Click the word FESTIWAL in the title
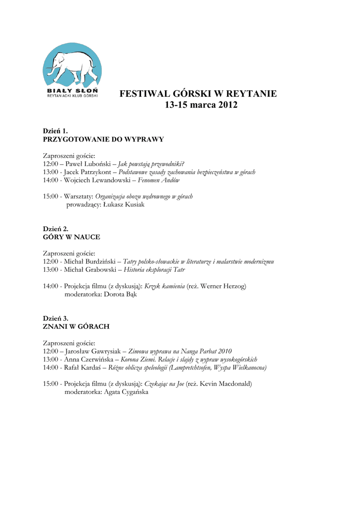click(144, 94)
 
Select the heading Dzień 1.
click(55, 131)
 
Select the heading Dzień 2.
click(55, 229)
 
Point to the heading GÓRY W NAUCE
click(72, 237)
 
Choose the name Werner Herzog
click(224, 286)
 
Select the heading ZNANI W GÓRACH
click(76, 326)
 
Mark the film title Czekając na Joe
click(164, 383)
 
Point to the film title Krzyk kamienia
click(164, 286)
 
